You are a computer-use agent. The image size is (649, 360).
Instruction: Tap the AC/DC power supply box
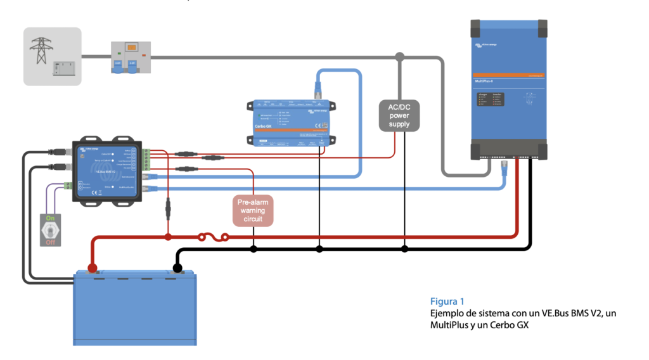point(399,115)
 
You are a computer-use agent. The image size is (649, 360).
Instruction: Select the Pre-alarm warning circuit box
point(253,210)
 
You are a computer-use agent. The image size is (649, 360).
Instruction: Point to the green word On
point(51,217)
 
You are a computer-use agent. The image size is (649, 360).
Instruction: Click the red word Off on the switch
point(51,243)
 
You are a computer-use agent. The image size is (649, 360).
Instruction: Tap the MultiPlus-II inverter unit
point(508,89)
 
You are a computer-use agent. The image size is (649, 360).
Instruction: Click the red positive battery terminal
point(93,267)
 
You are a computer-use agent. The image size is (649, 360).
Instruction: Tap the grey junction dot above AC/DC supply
point(399,58)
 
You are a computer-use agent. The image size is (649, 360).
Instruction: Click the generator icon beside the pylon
point(64,67)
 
